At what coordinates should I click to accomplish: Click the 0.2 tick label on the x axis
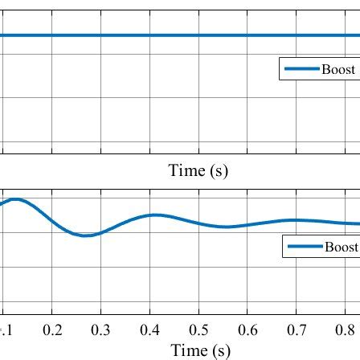(x=54, y=330)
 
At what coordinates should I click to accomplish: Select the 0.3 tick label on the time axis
(x=103, y=330)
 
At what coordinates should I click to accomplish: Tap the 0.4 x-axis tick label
(x=152, y=330)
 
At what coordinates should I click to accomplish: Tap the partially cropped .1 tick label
(x=7, y=330)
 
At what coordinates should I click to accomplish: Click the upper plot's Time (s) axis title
(x=198, y=171)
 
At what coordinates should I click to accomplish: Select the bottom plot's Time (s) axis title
(x=198, y=350)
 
